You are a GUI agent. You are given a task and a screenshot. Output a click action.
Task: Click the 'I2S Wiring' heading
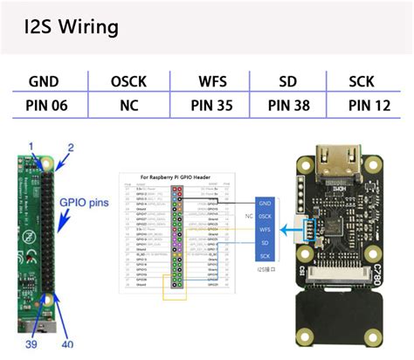[x=71, y=27]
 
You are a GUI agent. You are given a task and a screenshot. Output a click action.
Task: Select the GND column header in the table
[x=44, y=81]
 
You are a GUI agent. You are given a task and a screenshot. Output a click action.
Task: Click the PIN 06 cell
[x=44, y=107]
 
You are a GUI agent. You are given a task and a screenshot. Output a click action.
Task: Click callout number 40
[x=67, y=343]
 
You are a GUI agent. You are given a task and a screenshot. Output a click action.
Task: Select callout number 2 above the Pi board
[x=72, y=148]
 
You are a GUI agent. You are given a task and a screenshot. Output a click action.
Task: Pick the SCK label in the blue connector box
[x=265, y=255]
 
